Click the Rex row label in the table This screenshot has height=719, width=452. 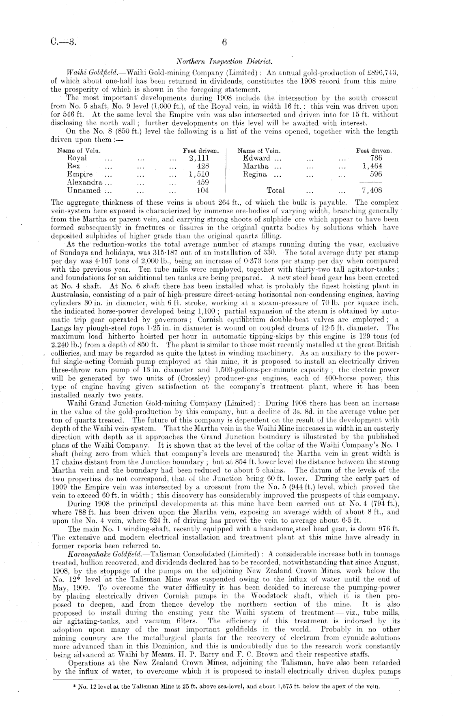pyautogui.click(x=73, y=166)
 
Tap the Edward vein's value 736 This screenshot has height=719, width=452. pyautogui.click(x=376, y=158)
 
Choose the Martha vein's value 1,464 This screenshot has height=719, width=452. pyautogui.click(x=372, y=166)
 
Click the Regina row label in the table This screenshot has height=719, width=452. pyautogui.click(x=254, y=174)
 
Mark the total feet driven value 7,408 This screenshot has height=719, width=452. pyautogui.click(x=372, y=190)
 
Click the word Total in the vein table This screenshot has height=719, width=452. pyautogui.click(x=276, y=190)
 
